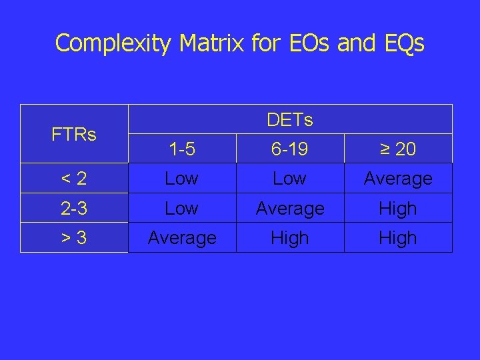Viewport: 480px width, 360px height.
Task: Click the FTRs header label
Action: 74,135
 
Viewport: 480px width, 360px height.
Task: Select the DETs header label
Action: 290,120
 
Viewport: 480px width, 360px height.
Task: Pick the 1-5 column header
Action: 181,150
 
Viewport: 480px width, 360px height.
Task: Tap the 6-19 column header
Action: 290,150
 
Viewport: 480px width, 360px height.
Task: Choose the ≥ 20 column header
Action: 398,150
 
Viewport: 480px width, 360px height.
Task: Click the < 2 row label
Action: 74,179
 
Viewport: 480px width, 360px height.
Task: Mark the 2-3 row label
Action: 74,209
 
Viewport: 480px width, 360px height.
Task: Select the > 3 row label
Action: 74,238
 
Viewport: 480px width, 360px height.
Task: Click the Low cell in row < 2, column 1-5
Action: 181,179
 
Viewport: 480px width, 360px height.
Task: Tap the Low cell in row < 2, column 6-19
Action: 290,179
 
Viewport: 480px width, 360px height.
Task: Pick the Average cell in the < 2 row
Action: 398,179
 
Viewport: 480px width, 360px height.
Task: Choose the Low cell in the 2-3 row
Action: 181,209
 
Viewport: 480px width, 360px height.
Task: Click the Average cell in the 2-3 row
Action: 290,209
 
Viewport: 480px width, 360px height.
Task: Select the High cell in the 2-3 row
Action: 398,209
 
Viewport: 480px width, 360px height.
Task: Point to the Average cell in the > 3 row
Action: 181,238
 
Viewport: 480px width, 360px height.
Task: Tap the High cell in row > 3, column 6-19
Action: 290,238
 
